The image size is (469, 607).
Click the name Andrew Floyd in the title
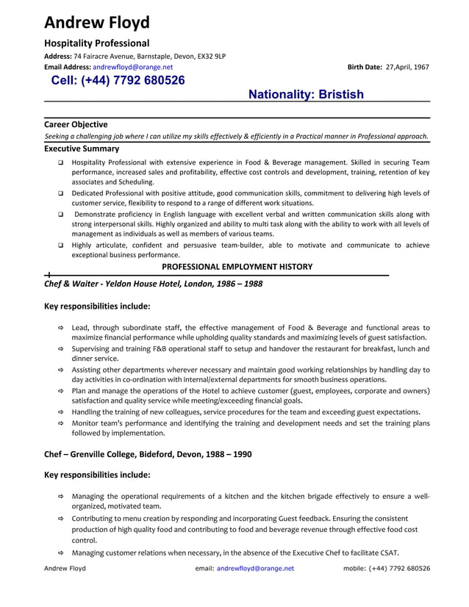point(96,23)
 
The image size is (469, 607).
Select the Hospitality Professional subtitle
point(96,43)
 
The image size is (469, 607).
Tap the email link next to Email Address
point(133,67)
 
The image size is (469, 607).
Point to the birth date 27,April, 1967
point(407,67)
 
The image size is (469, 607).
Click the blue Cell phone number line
point(118,81)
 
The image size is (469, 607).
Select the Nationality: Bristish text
point(306,95)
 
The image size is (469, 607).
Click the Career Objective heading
point(76,124)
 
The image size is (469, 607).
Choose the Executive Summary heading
point(81,148)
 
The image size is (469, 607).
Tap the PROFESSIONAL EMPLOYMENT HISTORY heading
point(237,267)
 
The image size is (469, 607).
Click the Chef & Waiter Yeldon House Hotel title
point(153,284)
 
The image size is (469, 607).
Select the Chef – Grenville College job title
point(148,454)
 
